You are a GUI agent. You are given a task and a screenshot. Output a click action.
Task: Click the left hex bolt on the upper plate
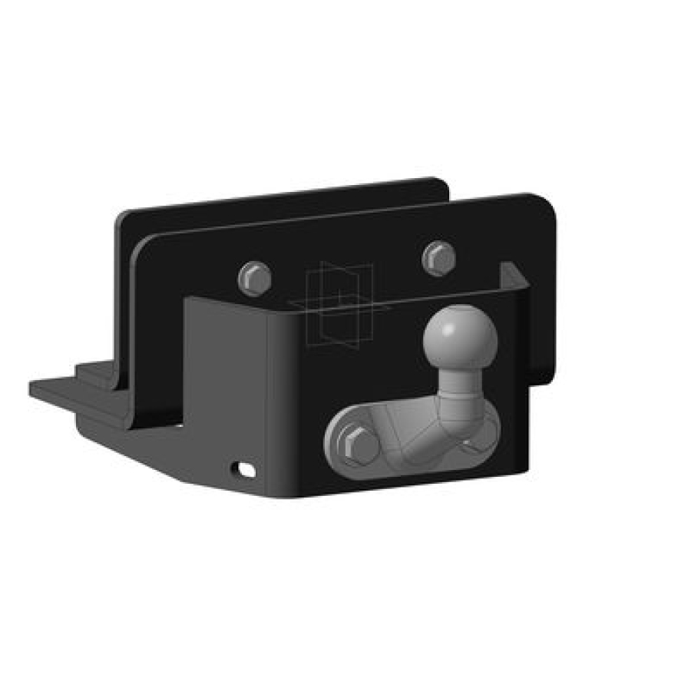pyautogui.click(x=255, y=277)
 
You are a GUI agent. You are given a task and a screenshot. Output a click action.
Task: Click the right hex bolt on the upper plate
pyautogui.click(x=438, y=257)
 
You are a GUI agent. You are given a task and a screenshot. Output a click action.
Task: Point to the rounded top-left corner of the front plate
pyautogui.click(x=142, y=244)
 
